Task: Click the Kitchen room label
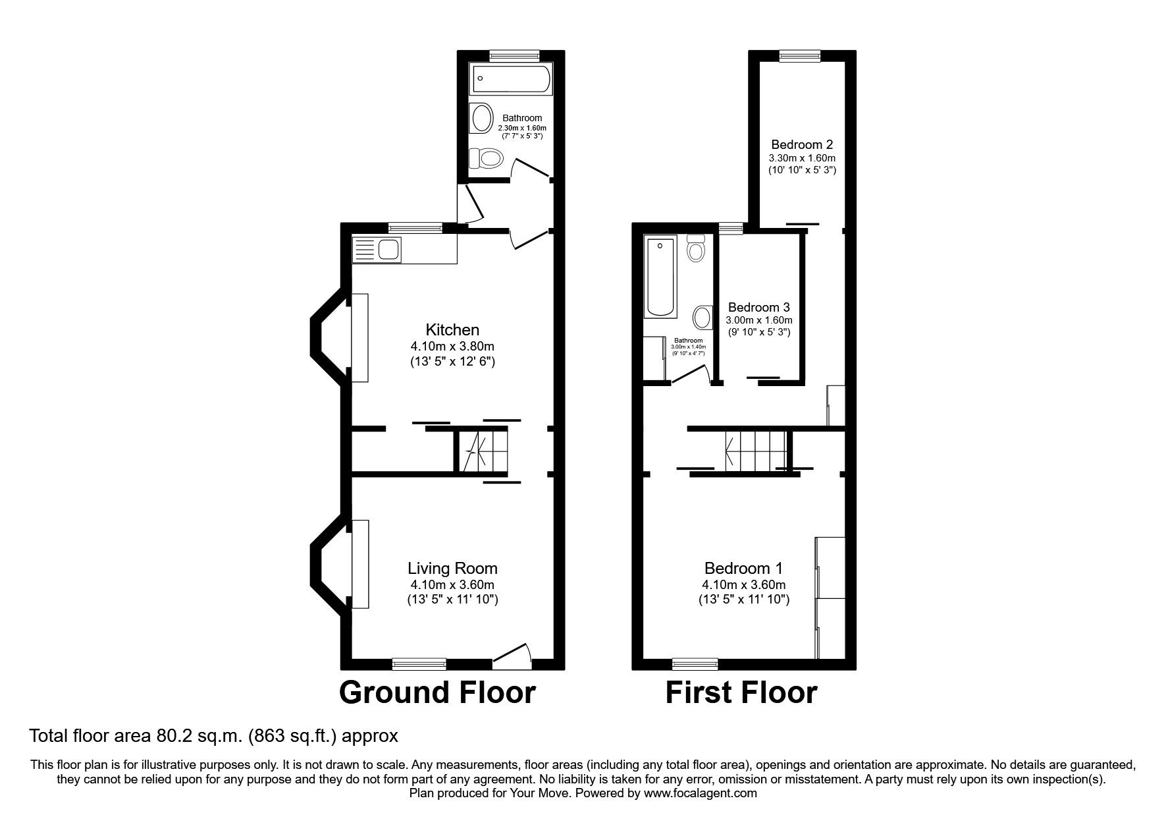(x=452, y=329)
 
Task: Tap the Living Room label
(x=452, y=568)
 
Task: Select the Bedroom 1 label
(x=743, y=568)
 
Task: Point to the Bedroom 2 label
(x=801, y=144)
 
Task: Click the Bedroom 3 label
(x=758, y=307)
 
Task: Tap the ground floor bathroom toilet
(x=486, y=158)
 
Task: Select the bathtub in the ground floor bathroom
(x=511, y=80)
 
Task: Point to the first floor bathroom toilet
(x=695, y=249)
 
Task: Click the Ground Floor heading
(x=437, y=693)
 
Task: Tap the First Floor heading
(x=741, y=693)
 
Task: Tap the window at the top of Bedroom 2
(x=800, y=57)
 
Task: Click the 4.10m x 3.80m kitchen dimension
(x=452, y=346)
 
